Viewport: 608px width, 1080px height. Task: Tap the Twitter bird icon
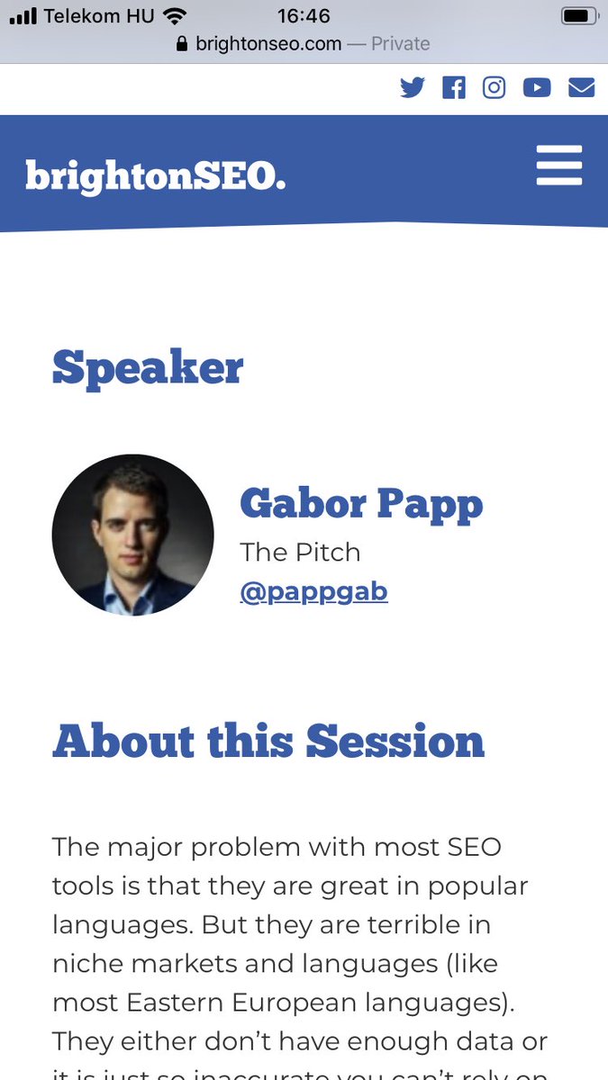click(413, 87)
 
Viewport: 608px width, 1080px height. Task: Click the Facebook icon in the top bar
click(454, 87)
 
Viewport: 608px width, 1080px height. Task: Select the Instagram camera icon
click(495, 87)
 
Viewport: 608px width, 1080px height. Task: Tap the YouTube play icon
click(537, 87)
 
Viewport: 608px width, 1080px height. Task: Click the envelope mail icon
click(581, 87)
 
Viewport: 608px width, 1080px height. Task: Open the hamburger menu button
click(559, 166)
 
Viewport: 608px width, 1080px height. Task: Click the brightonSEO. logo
click(156, 175)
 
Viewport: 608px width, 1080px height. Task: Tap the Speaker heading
click(148, 367)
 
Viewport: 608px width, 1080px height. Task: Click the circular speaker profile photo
click(133, 535)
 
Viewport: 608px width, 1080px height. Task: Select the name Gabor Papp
click(361, 503)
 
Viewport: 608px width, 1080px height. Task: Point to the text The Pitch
click(300, 552)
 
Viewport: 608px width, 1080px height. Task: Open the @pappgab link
click(313, 591)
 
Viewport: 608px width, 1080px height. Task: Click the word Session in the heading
click(395, 741)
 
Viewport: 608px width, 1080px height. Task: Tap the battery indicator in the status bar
click(579, 15)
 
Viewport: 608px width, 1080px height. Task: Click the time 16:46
click(304, 15)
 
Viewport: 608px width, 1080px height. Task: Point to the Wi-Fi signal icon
click(175, 15)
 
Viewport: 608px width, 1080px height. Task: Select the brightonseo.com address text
click(268, 43)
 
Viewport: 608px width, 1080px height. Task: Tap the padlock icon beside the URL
click(183, 43)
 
